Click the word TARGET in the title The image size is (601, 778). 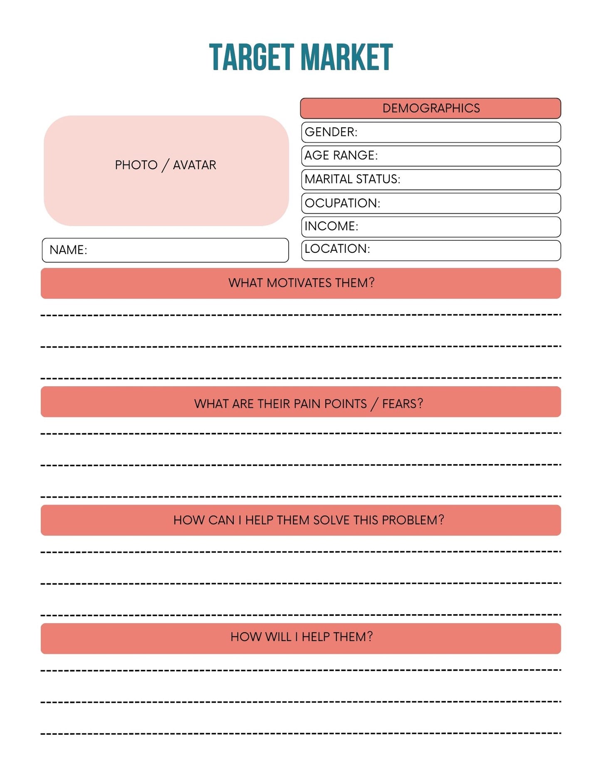point(251,57)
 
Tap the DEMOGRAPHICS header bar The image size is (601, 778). point(430,109)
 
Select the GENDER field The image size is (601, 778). point(430,132)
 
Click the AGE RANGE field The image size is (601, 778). point(430,156)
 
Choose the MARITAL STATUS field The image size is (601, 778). point(430,180)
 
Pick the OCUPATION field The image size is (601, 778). point(430,203)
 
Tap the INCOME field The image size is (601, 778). point(430,227)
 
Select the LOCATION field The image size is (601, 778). point(430,250)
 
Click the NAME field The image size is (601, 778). point(165,250)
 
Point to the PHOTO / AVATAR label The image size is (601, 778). point(166,165)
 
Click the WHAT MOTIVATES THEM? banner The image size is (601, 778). point(301,283)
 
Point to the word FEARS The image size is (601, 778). point(402,404)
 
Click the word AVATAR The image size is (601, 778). point(194,165)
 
